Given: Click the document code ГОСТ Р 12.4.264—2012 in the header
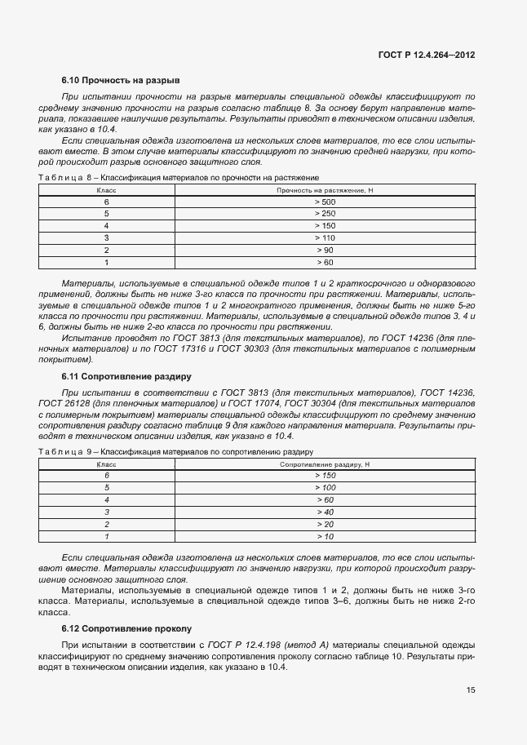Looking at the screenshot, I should [x=427, y=54].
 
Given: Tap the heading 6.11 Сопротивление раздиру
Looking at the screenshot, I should [x=126, y=377].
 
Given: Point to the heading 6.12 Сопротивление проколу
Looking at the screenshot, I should [x=126, y=628].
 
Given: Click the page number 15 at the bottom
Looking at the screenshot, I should [x=471, y=690].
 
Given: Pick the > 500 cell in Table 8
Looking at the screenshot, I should [x=325, y=202].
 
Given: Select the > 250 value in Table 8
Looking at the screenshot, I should [x=325, y=213].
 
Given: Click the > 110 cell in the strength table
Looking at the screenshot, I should [x=325, y=237].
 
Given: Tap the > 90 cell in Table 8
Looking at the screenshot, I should [x=325, y=250].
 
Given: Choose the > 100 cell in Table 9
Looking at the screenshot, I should [x=325, y=487].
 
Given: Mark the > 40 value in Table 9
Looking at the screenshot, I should [x=325, y=512].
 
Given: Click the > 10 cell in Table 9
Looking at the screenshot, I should [x=325, y=536].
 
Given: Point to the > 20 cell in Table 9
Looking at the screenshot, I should [x=325, y=524].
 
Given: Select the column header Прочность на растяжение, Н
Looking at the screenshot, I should [x=325, y=189].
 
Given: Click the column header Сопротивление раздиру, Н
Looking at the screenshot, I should [x=325, y=463].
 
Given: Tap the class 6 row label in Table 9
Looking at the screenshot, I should [x=106, y=475].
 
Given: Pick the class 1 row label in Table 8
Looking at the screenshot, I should [x=106, y=262].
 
